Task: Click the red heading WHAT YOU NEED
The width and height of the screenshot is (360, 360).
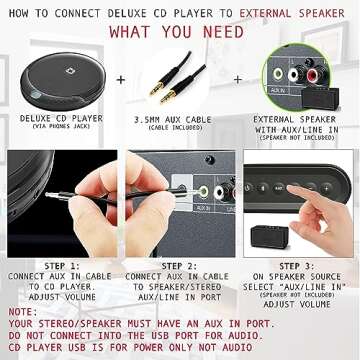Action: click(x=180, y=32)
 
